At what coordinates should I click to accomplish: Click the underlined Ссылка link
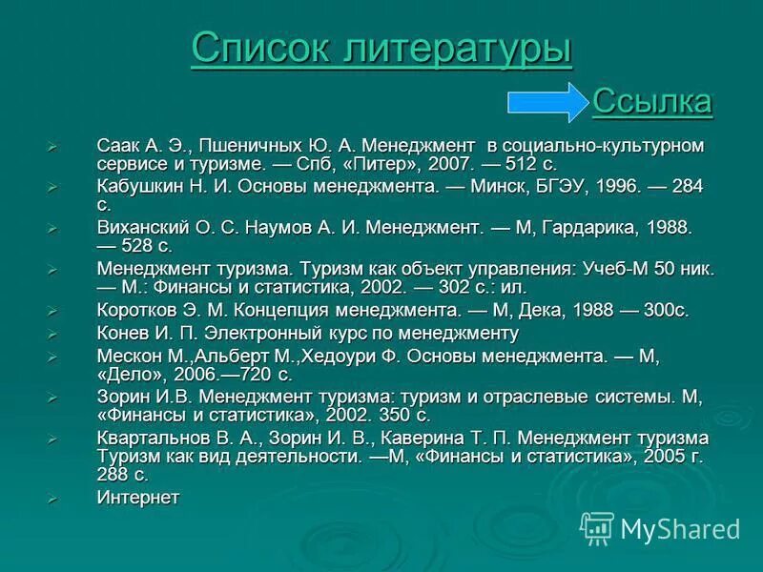click(652, 100)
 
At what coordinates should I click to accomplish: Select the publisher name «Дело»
click(132, 374)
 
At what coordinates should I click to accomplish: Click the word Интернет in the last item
click(138, 497)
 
